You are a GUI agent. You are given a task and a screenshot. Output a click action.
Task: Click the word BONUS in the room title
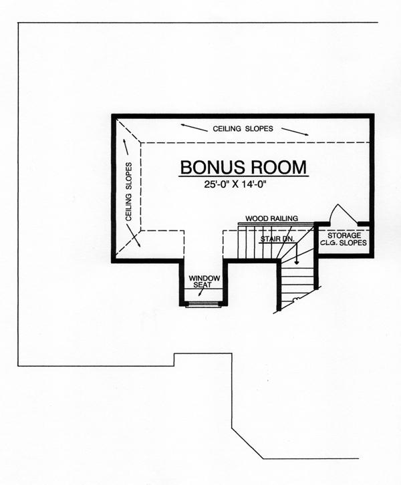click(213, 167)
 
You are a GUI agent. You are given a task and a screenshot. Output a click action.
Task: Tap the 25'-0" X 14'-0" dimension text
click(235, 184)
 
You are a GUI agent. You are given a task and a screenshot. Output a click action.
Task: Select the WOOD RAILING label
click(271, 218)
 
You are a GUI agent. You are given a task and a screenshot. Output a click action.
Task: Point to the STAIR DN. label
click(277, 238)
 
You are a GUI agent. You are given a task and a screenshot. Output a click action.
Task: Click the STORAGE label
click(344, 236)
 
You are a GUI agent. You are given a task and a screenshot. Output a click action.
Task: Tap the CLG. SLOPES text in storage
click(343, 242)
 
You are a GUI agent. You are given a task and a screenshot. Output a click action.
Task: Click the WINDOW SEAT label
click(205, 281)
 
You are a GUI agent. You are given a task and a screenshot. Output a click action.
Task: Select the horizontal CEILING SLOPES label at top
click(243, 129)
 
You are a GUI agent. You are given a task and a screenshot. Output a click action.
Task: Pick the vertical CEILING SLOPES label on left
click(129, 192)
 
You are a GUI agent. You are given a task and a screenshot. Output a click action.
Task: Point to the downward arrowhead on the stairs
click(297, 263)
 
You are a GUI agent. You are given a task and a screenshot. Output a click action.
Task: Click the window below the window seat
click(203, 305)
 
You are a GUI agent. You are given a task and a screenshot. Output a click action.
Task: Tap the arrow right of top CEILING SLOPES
click(295, 132)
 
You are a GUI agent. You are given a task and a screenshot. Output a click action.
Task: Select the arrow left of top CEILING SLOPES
click(194, 128)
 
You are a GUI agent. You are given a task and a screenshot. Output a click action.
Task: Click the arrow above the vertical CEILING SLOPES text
click(126, 146)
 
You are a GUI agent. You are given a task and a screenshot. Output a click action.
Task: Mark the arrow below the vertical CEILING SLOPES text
click(134, 236)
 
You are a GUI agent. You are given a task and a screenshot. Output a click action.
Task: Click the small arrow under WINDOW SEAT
click(201, 292)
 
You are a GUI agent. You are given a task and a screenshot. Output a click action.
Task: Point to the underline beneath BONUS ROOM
click(243, 176)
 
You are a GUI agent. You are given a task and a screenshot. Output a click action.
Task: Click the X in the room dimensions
click(235, 184)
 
